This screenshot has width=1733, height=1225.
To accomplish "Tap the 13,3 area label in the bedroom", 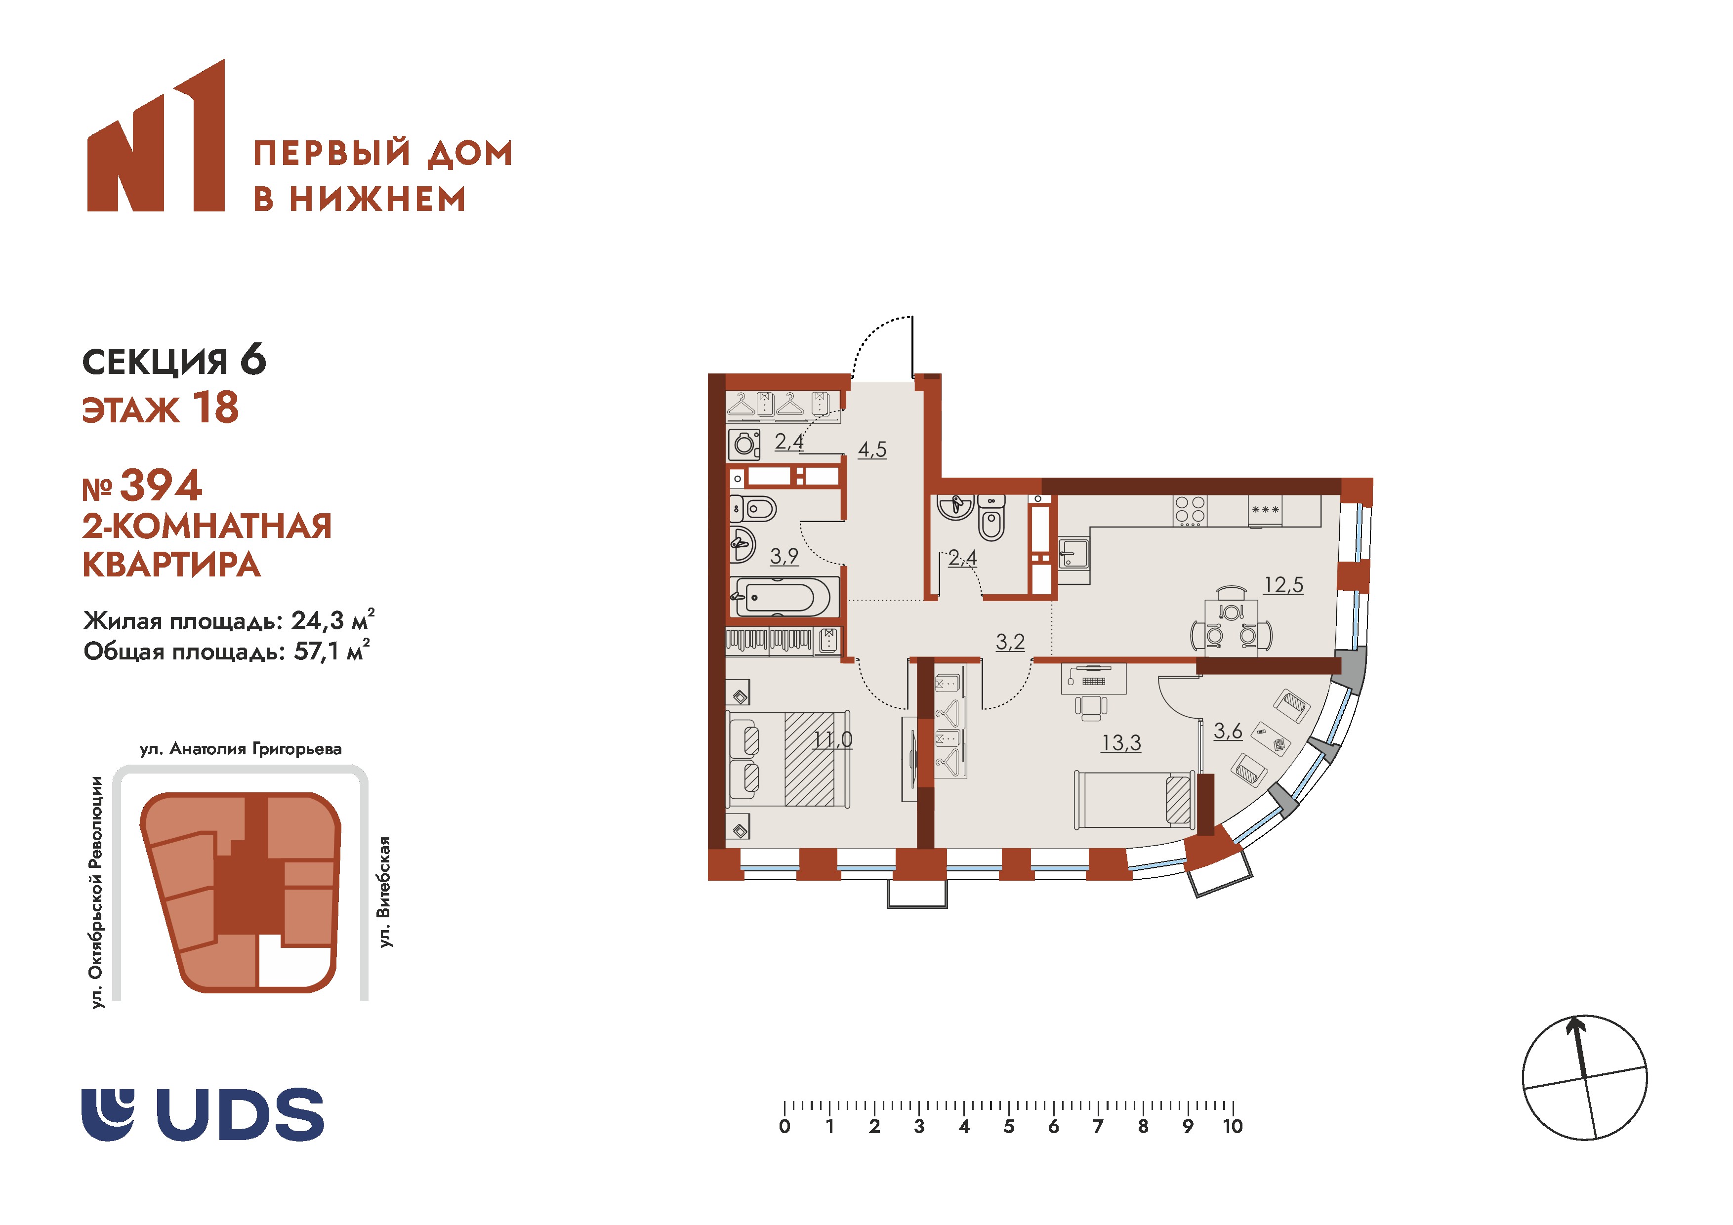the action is (1121, 743).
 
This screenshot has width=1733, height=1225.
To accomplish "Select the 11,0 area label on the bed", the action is (833, 739).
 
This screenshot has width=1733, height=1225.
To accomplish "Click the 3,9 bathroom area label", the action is (784, 556).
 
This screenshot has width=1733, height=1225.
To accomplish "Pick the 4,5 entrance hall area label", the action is (872, 450).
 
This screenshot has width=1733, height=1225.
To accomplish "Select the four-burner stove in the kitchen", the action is (1190, 511).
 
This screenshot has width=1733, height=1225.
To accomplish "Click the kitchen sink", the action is (1073, 553).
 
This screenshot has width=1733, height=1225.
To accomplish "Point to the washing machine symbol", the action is (744, 445).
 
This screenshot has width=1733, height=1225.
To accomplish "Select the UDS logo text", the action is (240, 1113).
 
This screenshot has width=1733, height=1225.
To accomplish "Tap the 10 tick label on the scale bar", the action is (1233, 1127).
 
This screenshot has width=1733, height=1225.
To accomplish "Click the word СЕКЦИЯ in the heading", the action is (155, 362).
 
